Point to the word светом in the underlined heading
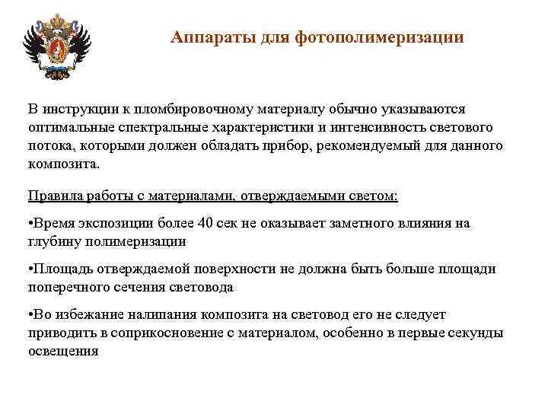point(367,196)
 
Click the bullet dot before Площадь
point(31,269)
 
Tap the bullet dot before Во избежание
point(31,315)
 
